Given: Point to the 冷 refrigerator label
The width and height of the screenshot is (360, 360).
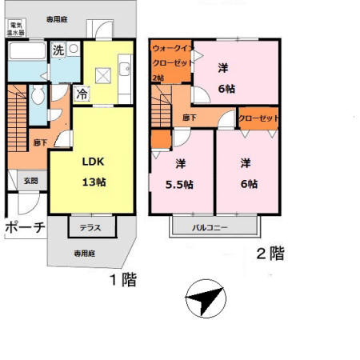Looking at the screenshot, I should (82, 94).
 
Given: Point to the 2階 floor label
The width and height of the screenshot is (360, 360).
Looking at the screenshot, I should (270, 254).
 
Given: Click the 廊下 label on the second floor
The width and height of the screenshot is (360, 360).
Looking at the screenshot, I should (190, 118).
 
